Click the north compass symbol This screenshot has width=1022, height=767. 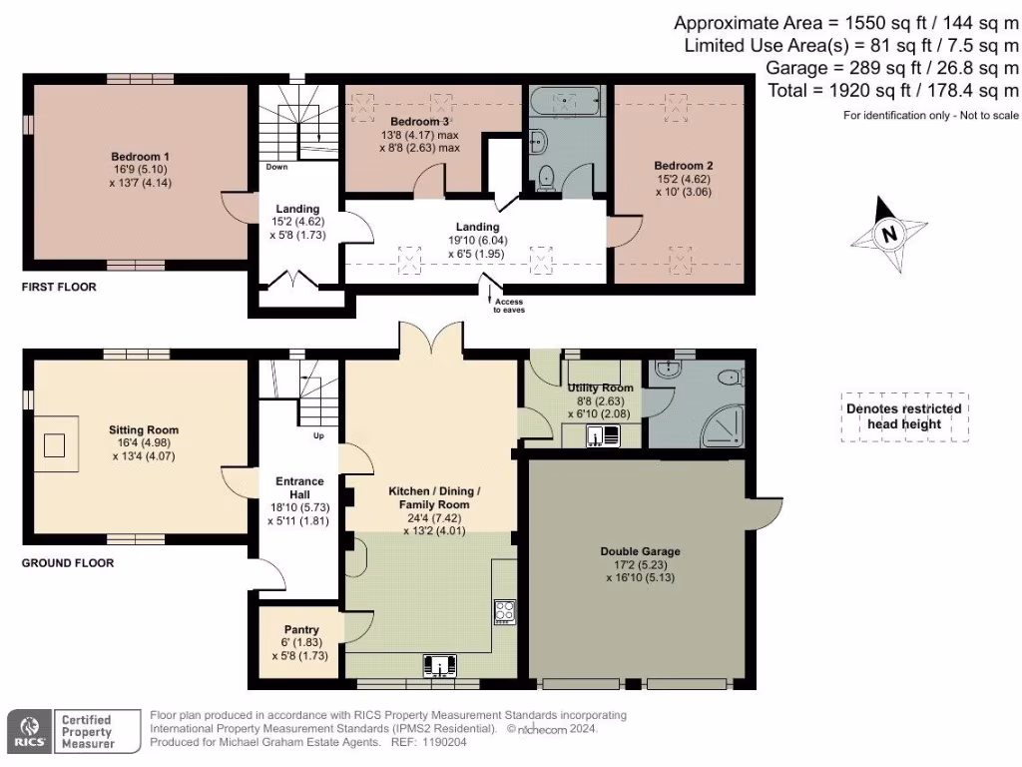(x=886, y=236)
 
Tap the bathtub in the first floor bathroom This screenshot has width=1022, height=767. (x=567, y=102)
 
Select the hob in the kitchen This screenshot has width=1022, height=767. (x=503, y=611)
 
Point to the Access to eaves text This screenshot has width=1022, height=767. (x=507, y=306)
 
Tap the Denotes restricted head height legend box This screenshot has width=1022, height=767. (x=904, y=415)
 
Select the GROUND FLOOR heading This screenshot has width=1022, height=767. (x=68, y=563)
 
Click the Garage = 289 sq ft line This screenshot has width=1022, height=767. (x=891, y=68)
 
